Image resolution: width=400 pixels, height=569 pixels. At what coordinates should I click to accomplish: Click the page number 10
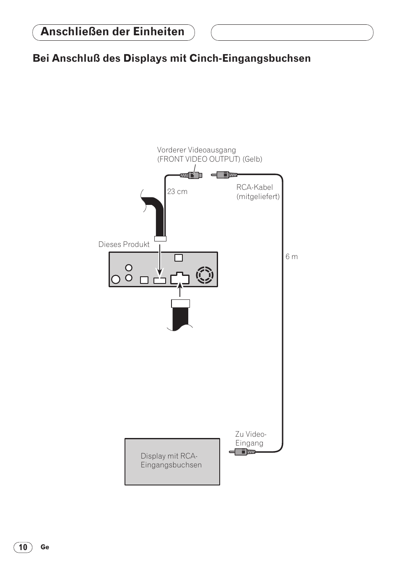[x=23, y=547]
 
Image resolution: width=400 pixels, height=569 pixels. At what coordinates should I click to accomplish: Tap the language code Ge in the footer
[x=45, y=547]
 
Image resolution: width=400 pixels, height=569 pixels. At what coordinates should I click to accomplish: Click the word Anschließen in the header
[x=75, y=31]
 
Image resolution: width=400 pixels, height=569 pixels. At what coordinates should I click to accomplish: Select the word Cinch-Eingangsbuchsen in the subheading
[x=250, y=58]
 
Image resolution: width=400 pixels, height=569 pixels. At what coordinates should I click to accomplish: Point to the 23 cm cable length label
[x=177, y=191]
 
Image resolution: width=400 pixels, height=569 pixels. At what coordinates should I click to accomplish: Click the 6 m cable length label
[x=292, y=257]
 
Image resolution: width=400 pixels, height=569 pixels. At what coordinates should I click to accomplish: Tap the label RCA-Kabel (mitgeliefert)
[x=258, y=192]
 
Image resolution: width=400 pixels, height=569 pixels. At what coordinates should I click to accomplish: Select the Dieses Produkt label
[x=124, y=244]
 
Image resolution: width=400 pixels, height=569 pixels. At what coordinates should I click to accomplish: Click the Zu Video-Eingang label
[x=251, y=438]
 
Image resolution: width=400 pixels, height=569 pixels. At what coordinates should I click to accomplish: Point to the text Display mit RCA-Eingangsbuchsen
[x=171, y=460]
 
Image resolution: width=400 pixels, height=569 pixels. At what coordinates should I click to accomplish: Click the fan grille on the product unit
[x=205, y=275]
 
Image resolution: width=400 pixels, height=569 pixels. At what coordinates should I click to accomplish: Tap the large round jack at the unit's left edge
[x=116, y=279]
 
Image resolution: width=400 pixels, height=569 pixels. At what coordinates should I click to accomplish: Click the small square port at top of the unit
[x=179, y=258]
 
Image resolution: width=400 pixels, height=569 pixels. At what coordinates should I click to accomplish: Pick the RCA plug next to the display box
[x=242, y=452]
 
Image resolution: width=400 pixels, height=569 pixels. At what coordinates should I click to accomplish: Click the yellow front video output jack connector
[x=191, y=175]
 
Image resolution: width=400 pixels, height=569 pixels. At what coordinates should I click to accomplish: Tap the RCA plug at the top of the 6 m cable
[x=224, y=175]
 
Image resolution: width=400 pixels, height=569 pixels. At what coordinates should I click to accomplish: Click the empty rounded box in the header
[x=292, y=32]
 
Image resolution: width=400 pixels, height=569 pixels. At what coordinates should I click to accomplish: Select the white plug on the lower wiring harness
[x=181, y=304]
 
